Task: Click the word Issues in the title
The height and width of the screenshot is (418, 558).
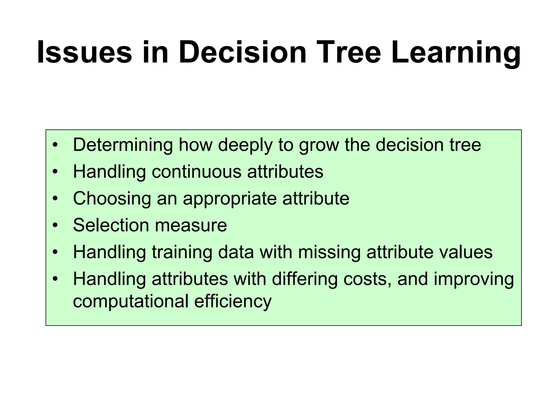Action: click(x=84, y=52)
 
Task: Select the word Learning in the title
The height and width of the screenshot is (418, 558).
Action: click(x=456, y=52)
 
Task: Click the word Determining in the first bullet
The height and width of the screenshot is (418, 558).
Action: click(x=123, y=145)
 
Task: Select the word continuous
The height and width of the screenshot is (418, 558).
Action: click(x=196, y=172)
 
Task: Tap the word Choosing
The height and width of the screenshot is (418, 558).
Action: click(x=112, y=199)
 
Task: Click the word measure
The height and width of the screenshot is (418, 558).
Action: click(x=191, y=225)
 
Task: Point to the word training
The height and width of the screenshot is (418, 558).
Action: click(x=182, y=252)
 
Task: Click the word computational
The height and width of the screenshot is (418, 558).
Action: click(x=131, y=301)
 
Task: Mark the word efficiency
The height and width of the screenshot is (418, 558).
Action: click(x=233, y=301)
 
